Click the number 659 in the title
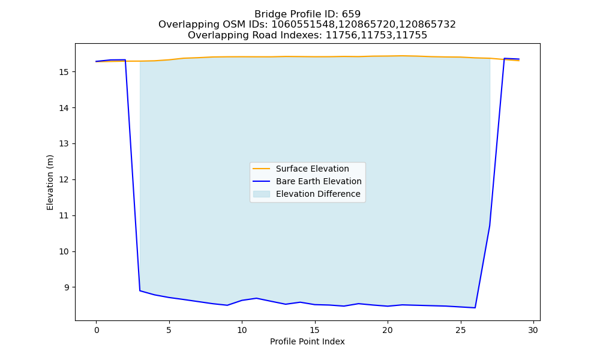[351, 14]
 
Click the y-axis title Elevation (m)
[50, 182]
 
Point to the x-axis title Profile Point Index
[307, 341]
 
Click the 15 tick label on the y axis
[64, 72]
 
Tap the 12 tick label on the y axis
[64, 180]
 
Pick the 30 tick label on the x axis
[533, 330]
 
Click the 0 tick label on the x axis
[96, 330]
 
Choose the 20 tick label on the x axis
[388, 330]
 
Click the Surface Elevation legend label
[312, 169]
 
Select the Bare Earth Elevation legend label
[319, 181]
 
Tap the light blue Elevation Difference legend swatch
[262, 194]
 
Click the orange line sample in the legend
[262, 169]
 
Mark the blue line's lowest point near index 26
[475, 308]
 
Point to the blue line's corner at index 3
[140, 291]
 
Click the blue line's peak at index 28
[505, 59]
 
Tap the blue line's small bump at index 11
[256, 298]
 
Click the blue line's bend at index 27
[490, 226]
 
